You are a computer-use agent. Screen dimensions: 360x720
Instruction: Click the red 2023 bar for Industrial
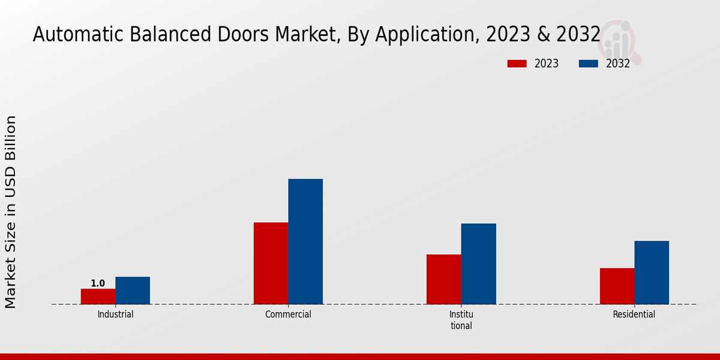click(x=98, y=296)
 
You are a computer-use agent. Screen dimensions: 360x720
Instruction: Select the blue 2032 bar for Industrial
click(x=133, y=290)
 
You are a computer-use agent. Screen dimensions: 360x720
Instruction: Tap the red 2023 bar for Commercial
click(x=271, y=263)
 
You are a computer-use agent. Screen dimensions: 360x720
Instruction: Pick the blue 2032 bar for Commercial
click(x=305, y=241)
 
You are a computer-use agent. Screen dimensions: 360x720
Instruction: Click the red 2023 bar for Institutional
click(x=444, y=279)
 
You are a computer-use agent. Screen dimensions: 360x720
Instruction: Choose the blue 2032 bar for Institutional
click(x=479, y=264)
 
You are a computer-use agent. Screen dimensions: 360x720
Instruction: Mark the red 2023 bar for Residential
click(x=617, y=286)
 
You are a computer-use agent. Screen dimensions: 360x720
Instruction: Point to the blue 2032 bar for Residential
click(x=652, y=272)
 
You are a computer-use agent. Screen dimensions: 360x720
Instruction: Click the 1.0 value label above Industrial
click(x=98, y=283)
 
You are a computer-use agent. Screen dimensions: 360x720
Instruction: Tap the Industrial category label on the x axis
click(x=115, y=314)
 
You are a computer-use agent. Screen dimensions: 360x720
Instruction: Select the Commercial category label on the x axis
click(x=288, y=314)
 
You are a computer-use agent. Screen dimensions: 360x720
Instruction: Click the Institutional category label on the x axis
click(x=461, y=320)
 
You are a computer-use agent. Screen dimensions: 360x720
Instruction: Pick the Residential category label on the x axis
click(x=634, y=314)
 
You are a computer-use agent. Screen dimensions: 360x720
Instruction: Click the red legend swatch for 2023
click(x=517, y=64)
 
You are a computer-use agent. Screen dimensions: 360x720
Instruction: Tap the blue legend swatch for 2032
click(x=588, y=64)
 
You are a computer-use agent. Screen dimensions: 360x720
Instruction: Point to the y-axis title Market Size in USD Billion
click(x=11, y=212)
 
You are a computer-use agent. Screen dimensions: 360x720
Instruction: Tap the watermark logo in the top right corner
click(x=620, y=41)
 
